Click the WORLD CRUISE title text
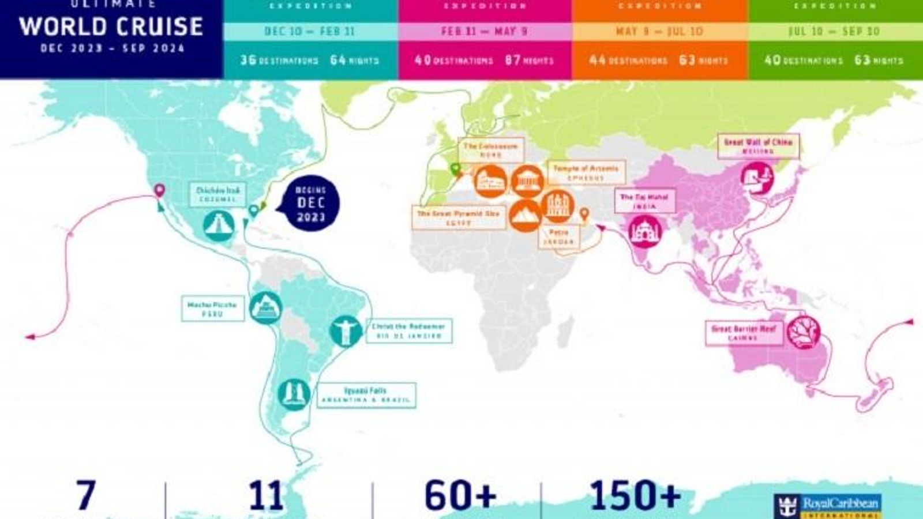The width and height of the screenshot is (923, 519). (111, 27)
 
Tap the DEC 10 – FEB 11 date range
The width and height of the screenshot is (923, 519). (310, 31)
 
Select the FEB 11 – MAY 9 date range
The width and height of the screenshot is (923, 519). (485, 31)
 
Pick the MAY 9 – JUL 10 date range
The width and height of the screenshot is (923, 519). (659, 31)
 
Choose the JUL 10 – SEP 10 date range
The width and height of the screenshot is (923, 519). (834, 31)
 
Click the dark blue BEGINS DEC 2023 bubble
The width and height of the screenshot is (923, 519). (311, 203)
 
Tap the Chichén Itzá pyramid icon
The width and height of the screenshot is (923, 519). (219, 225)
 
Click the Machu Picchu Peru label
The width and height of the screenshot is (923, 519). (212, 309)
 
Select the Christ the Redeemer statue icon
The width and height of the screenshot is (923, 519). (346, 331)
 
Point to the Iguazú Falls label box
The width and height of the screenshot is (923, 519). (365, 395)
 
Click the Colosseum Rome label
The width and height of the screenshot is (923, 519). (491, 150)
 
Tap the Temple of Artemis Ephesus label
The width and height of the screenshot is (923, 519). (586, 172)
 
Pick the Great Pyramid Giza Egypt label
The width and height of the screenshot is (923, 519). (459, 217)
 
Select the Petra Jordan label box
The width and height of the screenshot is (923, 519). (558, 236)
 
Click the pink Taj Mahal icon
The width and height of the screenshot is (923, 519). (644, 232)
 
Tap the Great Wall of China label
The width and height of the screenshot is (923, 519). (758, 146)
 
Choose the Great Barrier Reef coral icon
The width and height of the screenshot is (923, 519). (803, 332)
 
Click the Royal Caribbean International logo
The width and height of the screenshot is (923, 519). (827, 506)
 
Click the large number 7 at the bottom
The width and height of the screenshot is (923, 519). (85, 495)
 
